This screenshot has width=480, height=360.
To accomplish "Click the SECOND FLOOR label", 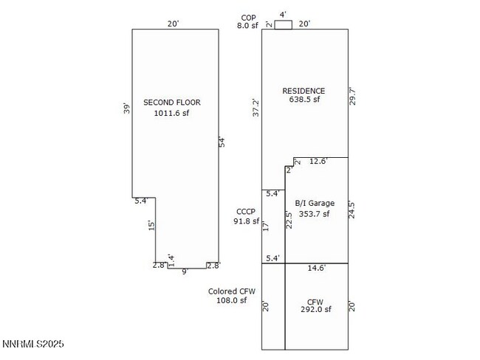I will tap(171, 103).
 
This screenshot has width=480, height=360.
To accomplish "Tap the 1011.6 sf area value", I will tap(171, 114).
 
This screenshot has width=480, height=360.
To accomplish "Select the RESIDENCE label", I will tap(304, 91).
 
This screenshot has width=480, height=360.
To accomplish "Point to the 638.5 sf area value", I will tap(304, 100).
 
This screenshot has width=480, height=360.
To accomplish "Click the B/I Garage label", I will tap(315, 204).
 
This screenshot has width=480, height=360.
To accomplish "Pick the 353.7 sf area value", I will tap(315, 214).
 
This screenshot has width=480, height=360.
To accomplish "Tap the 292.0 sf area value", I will tap(315, 310).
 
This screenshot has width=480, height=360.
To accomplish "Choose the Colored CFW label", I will tap(231, 291).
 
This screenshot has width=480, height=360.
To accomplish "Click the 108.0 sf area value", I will tap(231, 301).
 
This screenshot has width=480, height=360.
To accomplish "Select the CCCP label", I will tap(246, 211).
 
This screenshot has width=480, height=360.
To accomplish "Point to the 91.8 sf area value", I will tap(246, 221).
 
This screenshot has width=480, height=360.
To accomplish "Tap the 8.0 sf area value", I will tap(247, 26).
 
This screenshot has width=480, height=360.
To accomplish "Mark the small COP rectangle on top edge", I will tap(283, 24).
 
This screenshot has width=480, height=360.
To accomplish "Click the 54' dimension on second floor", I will tap(222, 142).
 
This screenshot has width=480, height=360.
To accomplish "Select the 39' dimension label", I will tap(127, 108).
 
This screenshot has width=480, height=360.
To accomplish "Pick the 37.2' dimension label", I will tap(256, 108).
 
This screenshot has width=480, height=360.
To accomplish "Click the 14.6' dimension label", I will tap(316, 269).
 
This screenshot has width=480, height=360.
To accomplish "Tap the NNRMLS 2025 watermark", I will tap(33, 344).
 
